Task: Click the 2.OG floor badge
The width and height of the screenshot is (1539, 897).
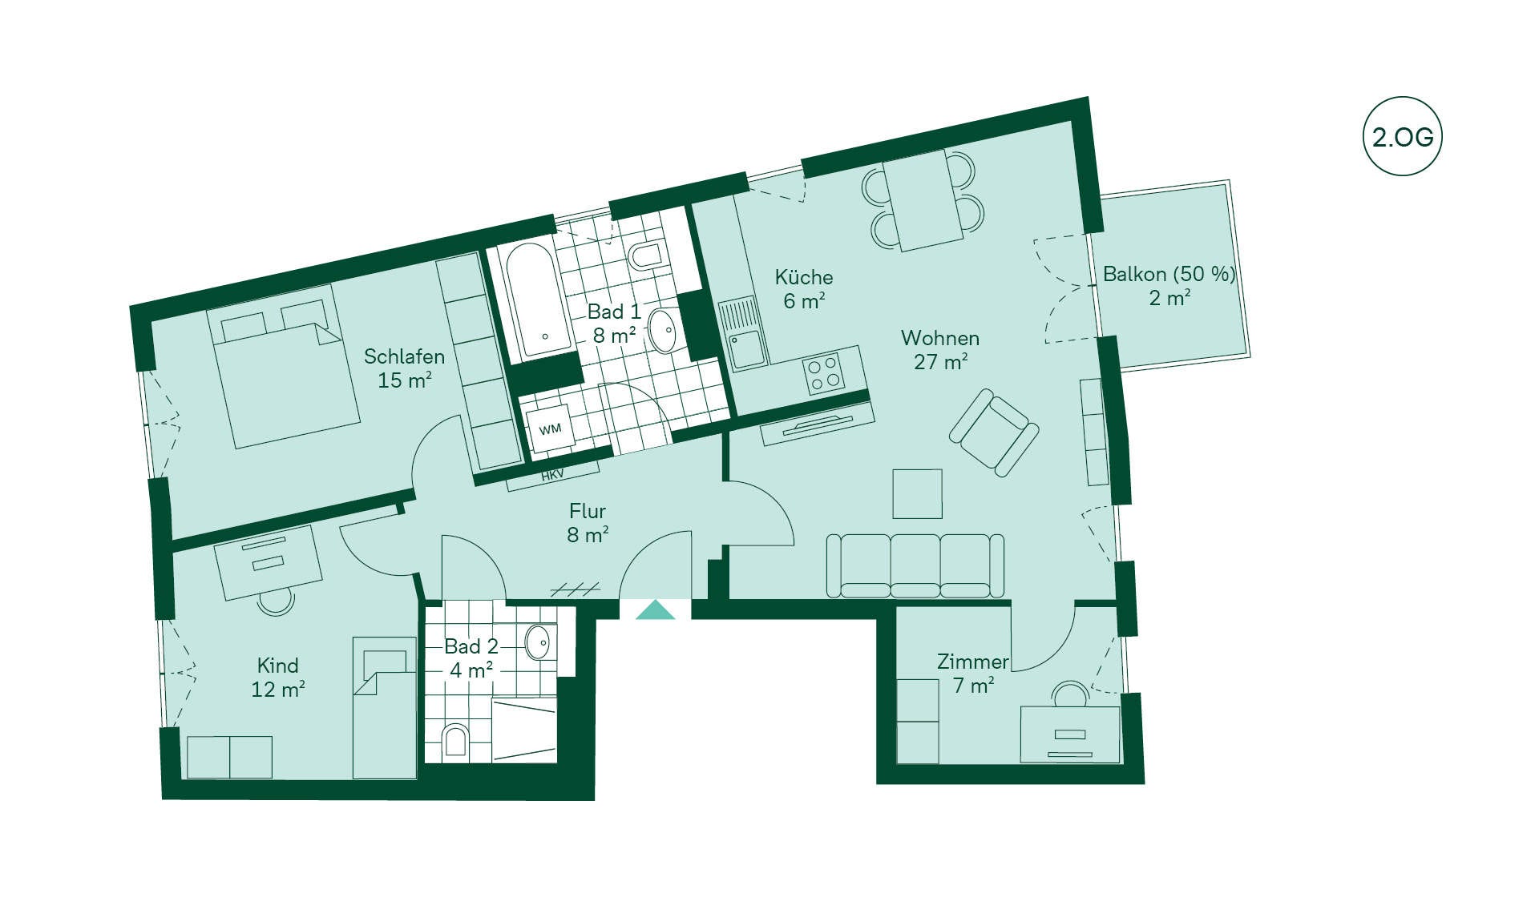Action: (x=1402, y=136)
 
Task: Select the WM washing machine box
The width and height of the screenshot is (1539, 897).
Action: (x=550, y=430)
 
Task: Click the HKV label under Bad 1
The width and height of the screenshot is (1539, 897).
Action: (x=552, y=475)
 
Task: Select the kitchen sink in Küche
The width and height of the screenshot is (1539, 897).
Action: (x=742, y=334)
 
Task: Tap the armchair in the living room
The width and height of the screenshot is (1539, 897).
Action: (x=994, y=432)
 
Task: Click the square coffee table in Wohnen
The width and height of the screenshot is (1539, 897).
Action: (x=918, y=494)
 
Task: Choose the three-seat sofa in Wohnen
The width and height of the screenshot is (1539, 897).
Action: (x=915, y=565)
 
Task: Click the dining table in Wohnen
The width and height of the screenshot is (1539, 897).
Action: (x=923, y=200)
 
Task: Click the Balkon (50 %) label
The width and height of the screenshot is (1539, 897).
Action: (x=1169, y=275)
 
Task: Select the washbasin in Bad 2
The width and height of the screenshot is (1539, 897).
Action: (x=538, y=642)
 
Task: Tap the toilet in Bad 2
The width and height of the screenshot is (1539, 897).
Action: (x=454, y=741)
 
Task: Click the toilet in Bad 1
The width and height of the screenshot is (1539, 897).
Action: (x=646, y=256)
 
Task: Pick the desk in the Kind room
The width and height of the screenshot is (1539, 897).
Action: (x=268, y=562)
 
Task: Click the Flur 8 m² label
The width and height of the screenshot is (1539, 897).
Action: (x=588, y=523)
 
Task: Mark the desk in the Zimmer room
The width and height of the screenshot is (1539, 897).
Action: (x=1070, y=734)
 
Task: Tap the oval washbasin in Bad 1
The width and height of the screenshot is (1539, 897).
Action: (x=663, y=331)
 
